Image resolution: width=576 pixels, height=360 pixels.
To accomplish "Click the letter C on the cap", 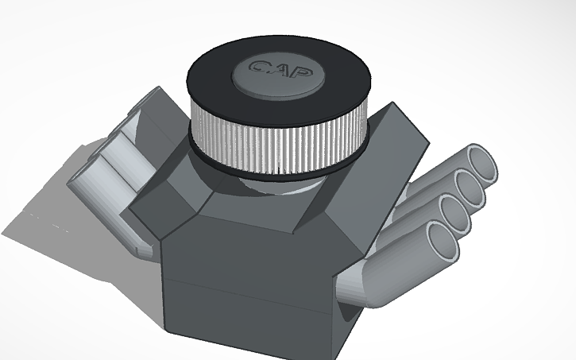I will click(257, 67).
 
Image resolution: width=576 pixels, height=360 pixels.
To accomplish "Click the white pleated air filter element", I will click(278, 143).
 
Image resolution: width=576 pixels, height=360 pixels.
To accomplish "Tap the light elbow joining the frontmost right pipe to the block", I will click(358, 286).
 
